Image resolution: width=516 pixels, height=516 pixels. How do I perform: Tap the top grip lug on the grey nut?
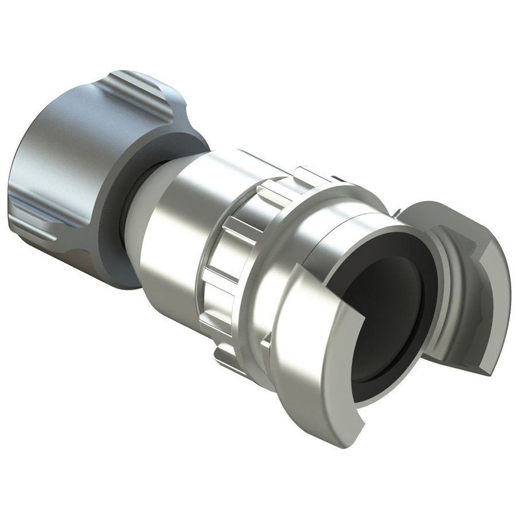click(143, 92)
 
